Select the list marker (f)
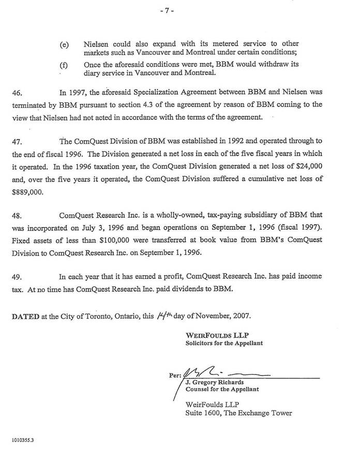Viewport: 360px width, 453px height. (x=65, y=66)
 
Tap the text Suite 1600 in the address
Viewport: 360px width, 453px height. (x=203, y=413)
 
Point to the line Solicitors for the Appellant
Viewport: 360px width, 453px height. (x=223, y=343)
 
